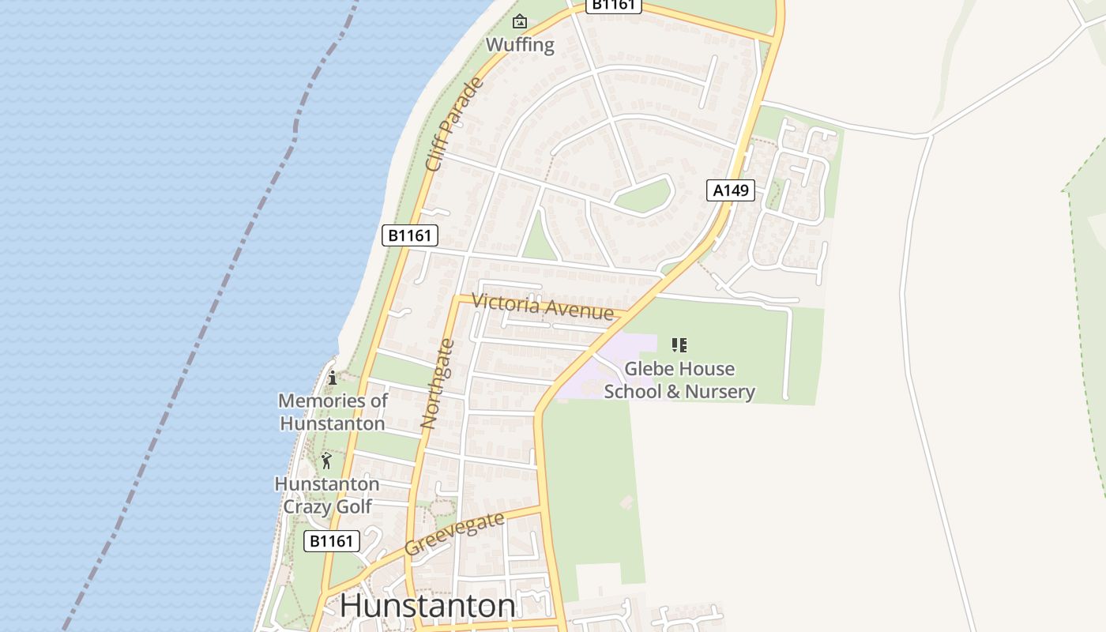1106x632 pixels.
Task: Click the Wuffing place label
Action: pyautogui.click(x=520, y=44)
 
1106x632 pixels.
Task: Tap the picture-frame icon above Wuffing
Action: pyautogui.click(x=520, y=21)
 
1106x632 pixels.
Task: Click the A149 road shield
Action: pyautogui.click(x=730, y=190)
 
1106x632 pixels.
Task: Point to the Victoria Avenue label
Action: pyautogui.click(x=542, y=306)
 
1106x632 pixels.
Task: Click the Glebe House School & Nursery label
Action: pyautogui.click(x=679, y=380)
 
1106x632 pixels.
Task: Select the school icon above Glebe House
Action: pyautogui.click(x=679, y=345)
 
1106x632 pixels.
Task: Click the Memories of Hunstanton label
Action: pyautogui.click(x=333, y=412)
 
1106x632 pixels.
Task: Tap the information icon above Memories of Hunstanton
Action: pyautogui.click(x=333, y=378)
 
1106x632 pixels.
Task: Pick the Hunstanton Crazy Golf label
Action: pyautogui.click(x=326, y=495)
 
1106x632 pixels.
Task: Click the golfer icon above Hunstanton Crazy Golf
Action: pyautogui.click(x=326, y=460)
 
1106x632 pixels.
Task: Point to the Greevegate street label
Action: pyautogui.click(x=454, y=534)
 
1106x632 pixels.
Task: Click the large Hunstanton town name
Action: pyautogui.click(x=427, y=606)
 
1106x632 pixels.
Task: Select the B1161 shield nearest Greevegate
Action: pyautogui.click(x=332, y=541)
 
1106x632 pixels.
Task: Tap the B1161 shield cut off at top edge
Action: pyautogui.click(x=613, y=5)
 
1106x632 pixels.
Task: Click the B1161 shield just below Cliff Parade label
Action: pyautogui.click(x=410, y=235)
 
